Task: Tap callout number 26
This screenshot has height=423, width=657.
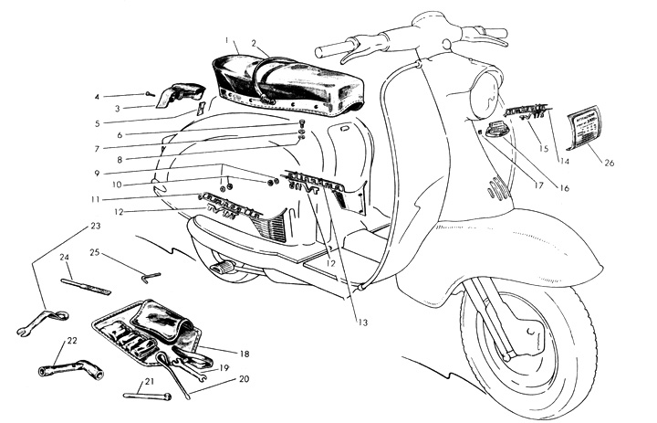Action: [610, 164]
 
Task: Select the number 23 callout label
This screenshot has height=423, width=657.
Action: [95, 225]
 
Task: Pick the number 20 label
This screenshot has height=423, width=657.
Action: [244, 377]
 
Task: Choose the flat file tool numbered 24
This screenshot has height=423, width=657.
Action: [85, 286]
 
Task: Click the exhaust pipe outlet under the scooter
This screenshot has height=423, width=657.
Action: [220, 269]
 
